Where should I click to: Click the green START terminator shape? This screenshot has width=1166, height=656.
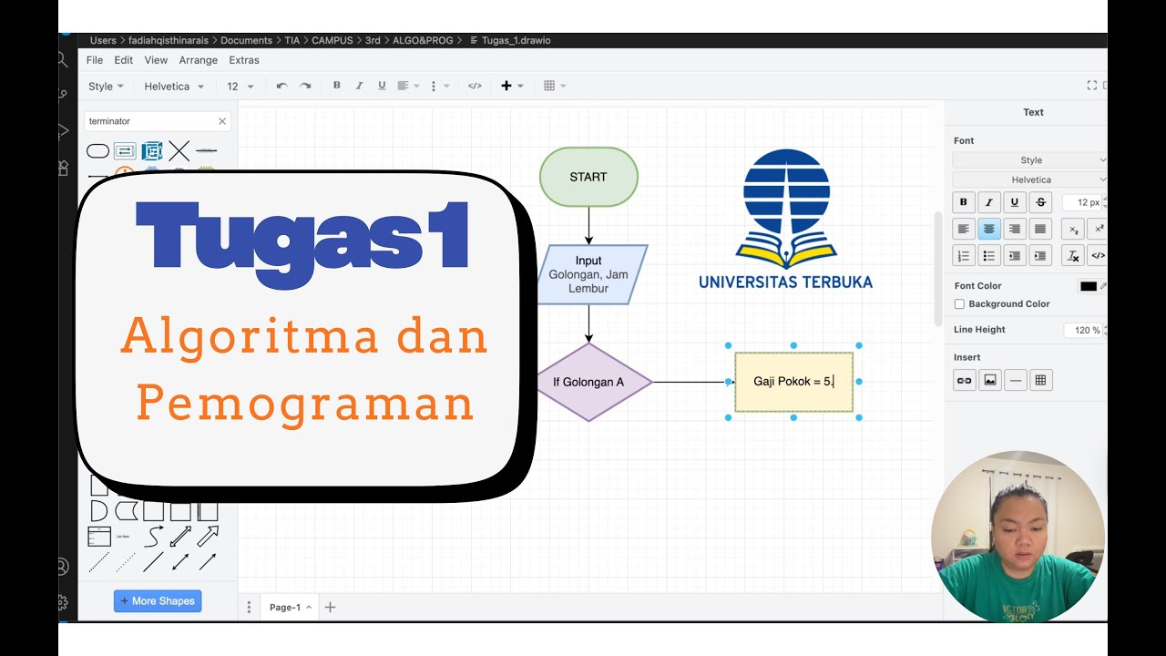(588, 177)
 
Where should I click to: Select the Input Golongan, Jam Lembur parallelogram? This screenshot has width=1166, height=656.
(588, 274)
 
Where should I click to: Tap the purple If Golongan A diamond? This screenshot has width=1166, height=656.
(588, 382)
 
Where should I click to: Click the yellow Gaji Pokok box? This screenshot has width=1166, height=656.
(793, 382)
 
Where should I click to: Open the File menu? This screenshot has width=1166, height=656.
(95, 60)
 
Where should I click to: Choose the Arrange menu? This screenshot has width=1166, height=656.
(199, 60)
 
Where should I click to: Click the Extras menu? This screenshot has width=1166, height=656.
(244, 60)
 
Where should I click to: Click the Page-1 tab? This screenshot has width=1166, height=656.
(285, 607)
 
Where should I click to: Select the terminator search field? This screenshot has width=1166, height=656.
(150, 121)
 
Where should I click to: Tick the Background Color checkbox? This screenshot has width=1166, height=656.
(959, 304)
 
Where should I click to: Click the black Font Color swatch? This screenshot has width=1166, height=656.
(1089, 286)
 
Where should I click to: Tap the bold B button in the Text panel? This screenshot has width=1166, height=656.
(964, 202)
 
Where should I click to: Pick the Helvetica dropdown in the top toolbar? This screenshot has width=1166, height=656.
(173, 87)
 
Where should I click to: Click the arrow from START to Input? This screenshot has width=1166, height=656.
(588, 225)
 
